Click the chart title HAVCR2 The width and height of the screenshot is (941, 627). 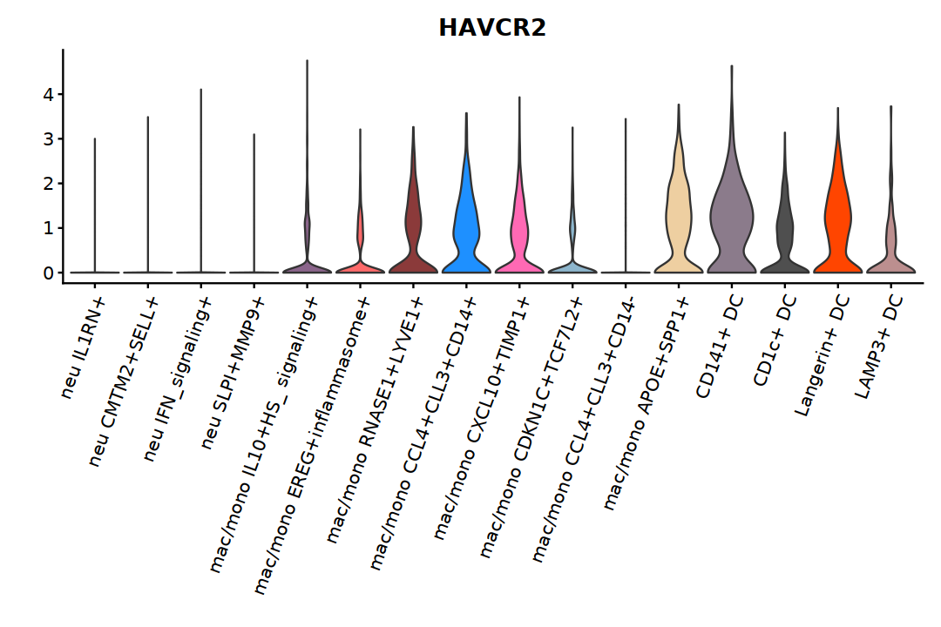492,28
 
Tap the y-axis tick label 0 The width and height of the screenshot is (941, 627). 49,273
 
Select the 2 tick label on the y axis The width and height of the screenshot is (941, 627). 49,184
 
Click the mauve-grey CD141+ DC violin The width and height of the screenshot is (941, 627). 732,222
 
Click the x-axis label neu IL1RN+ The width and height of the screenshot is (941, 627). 84,348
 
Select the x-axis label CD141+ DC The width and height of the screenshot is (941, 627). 720,347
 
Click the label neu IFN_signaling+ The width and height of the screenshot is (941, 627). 178,379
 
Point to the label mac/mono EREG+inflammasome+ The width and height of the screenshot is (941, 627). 312,445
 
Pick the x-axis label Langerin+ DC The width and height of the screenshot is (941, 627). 823,356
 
